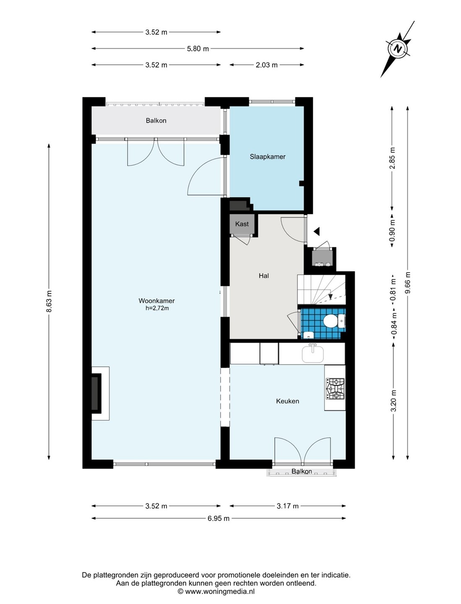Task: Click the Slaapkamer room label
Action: click(267, 157)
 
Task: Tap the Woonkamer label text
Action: click(156, 301)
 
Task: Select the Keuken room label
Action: click(287, 401)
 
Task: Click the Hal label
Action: click(264, 276)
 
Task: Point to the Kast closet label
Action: click(242, 224)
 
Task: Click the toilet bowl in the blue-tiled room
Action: click(331, 321)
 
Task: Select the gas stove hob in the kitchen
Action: click(335, 389)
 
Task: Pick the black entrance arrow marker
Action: click(317, 231)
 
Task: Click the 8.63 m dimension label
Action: click(49, 302)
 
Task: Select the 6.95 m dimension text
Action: click(219, 518)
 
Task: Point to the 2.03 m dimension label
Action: click(266, 65)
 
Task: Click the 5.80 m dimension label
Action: click(198, 49)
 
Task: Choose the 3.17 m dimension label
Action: click(287, 506)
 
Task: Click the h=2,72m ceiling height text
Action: click(157, 308)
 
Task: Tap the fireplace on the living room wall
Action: click(100, 393)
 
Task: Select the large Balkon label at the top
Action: click(156, 120)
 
